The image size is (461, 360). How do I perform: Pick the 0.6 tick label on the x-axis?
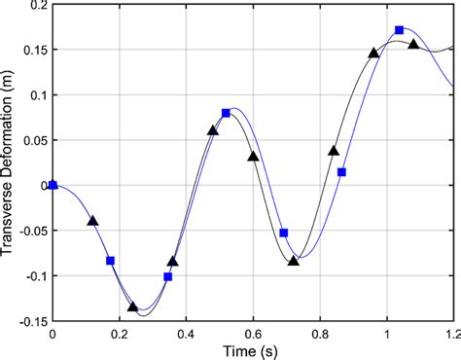pos(253,333)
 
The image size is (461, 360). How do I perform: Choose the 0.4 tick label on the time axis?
pos(186,333)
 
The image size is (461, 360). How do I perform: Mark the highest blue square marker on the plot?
pos(400,30)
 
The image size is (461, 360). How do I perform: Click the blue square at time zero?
pos(53,185)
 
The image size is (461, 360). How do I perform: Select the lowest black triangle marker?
pos(133,306)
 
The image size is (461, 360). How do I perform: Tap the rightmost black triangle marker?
pos(413,45)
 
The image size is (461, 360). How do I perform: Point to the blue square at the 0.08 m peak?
pos(227,113)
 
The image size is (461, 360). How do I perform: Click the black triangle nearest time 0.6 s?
pos(253,156)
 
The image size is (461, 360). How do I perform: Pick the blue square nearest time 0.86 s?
pos(341,172)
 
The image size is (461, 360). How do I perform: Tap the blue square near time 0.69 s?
pos(284,234)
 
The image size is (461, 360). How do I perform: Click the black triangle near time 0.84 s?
pos(334,151)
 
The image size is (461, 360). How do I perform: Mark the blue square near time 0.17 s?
pos(110,261)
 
